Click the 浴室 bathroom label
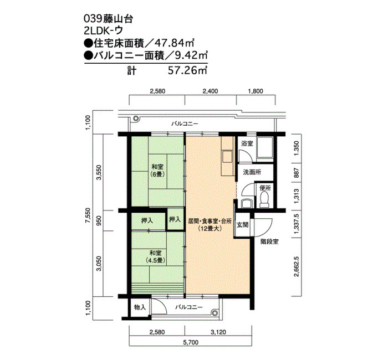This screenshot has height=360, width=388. [x=247, y=143]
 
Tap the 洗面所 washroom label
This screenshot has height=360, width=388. [x=252, y=172]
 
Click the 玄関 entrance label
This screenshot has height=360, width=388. [x=243, y=225]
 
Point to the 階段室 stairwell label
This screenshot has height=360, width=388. [x=269, y=241]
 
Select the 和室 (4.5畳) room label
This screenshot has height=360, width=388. [x=155, y=256]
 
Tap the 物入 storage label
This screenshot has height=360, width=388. [x=140, y=307]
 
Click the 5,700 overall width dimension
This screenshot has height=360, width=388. [x=191, y=342]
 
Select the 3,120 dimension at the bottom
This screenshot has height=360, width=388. [x=218, y=332]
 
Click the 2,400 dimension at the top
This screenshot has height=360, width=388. [x=210, y=91]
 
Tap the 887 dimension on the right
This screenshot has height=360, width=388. [x=297, y=173]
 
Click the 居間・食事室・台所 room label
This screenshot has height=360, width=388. [x=210, y=221]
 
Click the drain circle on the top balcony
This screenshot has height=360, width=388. [x=136, y=119]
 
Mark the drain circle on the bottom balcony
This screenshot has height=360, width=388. [x=215, y=312]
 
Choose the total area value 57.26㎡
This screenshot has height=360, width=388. [x=187, y=71]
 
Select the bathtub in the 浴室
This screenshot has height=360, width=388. [x=265, y=147]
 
